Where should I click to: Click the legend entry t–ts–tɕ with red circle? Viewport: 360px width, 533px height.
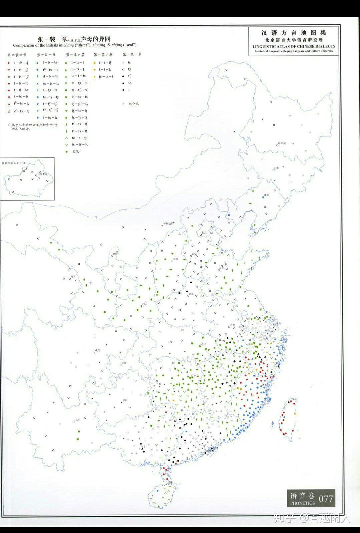(21, 83)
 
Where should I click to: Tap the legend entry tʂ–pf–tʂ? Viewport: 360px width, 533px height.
(79, 104)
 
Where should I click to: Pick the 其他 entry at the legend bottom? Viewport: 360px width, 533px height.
(75, 152)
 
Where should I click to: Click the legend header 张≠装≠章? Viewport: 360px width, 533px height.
(17, 55)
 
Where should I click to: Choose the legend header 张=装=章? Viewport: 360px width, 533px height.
(132, 55)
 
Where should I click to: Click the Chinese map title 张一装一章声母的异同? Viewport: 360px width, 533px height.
(74, 39)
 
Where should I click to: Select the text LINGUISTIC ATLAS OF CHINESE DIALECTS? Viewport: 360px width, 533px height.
(294, 47)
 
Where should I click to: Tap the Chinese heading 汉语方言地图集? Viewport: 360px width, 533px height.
(294, 33)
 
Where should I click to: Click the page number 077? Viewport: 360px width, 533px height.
(326, 499)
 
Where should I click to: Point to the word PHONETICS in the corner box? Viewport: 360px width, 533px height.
(302, 503)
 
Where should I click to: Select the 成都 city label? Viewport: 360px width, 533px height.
(97, 350)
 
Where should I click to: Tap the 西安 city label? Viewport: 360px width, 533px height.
(144, 304)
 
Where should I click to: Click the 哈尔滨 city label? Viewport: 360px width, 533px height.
(282, 143)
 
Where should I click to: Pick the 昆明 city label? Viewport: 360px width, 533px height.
(78, 420)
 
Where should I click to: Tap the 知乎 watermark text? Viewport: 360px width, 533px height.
(284, 518)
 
